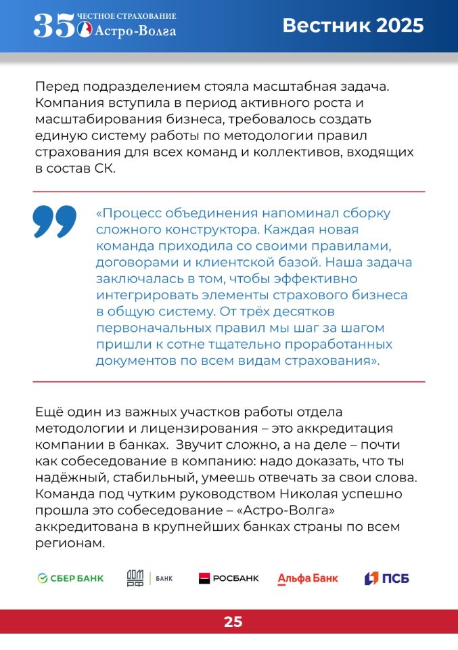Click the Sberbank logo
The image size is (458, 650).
coord(70,578)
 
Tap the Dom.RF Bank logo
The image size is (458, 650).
coord(150,578)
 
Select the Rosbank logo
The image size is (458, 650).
coord(229,578)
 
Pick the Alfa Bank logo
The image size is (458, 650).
coord(307,578)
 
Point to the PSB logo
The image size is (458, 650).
coord(387,578)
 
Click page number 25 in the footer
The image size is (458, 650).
coord(233,622)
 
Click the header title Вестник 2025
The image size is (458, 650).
coord(352,26)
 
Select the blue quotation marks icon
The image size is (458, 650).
coord(55,221)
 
